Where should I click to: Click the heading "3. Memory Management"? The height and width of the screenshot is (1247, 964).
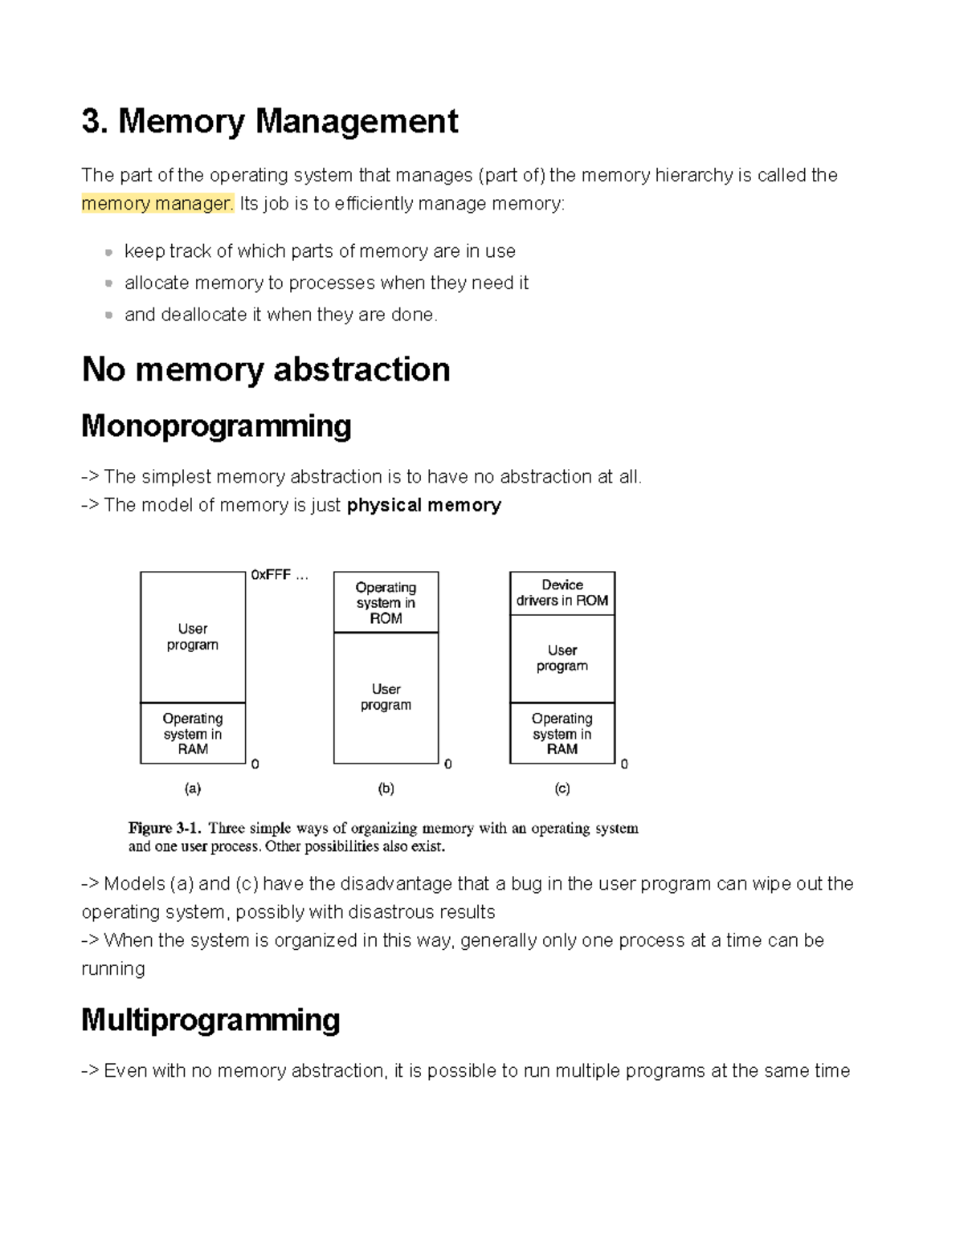coord(269,121)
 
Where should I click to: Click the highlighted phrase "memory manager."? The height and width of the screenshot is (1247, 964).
coord(157,204)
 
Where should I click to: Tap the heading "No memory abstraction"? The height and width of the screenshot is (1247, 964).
coord(266,369)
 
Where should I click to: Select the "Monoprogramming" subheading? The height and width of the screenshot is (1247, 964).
coord(216,426)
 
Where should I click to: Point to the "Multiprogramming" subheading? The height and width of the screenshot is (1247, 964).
coord(210,1020)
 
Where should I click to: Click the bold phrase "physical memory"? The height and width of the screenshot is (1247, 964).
coord(423,505)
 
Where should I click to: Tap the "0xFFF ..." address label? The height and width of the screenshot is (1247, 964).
coord(279,575)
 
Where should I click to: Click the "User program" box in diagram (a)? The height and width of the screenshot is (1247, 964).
coord(193,637)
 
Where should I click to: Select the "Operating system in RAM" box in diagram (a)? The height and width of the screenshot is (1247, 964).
coord(193,733)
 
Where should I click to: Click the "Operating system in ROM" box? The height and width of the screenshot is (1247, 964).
coord(386,602)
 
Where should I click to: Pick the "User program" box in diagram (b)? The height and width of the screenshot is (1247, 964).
coord(386,697)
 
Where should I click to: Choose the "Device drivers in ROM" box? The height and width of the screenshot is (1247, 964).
coord(562,593)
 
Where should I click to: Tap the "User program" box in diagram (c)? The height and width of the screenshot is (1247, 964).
coord(562,658)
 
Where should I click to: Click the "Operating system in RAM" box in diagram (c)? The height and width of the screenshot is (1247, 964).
coord(562,733)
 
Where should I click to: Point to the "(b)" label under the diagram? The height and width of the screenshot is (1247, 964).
coord(386,789)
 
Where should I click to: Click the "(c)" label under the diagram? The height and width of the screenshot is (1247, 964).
coord(562,789)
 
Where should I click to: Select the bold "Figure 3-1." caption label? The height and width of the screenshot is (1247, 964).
coord(165,828)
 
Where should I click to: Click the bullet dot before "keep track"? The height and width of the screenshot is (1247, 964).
coord(108,252)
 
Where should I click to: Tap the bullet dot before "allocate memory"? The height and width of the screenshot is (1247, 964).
coord(108,283)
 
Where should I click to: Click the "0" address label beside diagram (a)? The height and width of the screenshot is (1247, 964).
coord(255,764)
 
